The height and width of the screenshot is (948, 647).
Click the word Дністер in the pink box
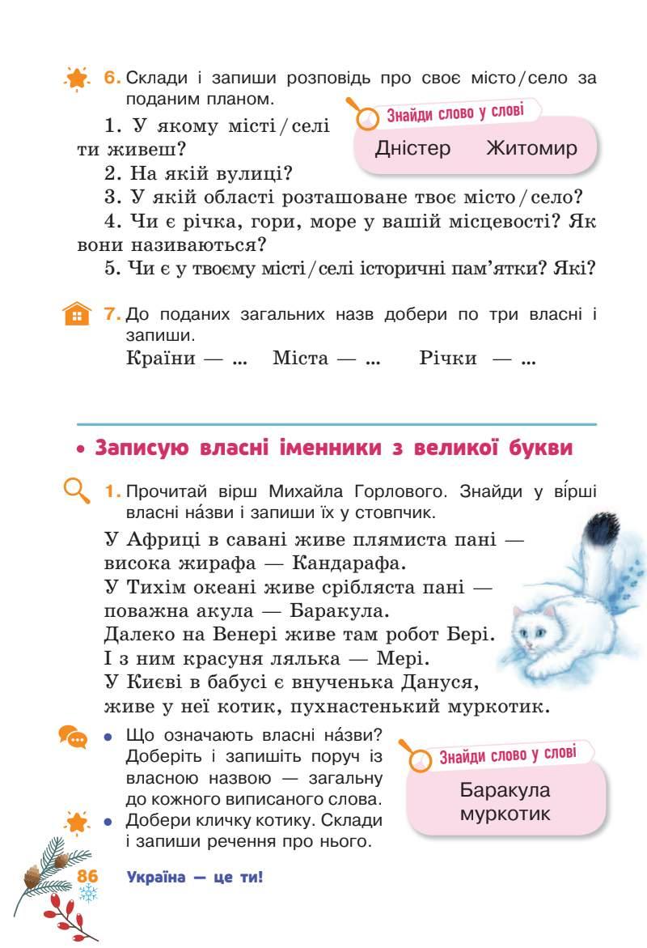pyautogui.click(x=413, y=148)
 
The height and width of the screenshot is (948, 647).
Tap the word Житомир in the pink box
pyautogui.click(x=532, y=148)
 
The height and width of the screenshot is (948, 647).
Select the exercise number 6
pyautogui.click(x=112, y=79)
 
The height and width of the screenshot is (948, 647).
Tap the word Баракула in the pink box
pyautogui.click(x=505, y=790)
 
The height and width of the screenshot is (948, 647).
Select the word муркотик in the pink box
pyautogui.click(x=505, y=813)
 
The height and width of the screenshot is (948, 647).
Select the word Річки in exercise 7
pyautogui.click(x=448, y=358)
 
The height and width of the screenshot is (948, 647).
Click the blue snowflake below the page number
pyautogui.click(x=87, y=893)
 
